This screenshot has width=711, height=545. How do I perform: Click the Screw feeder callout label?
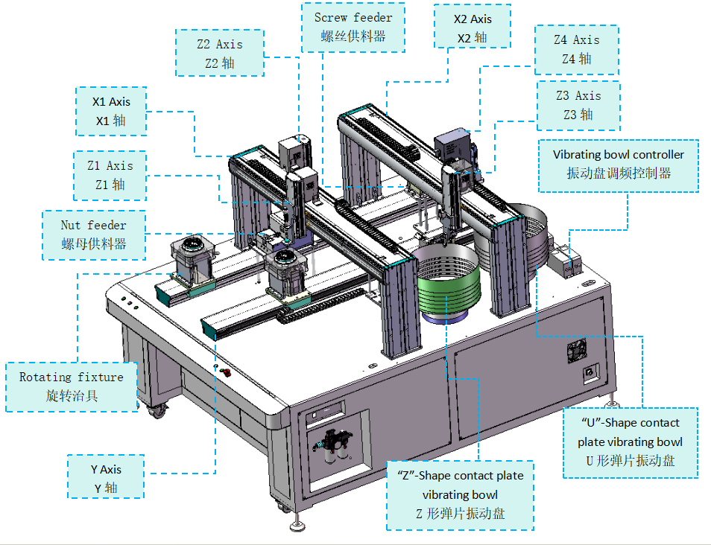(x=353, y=27)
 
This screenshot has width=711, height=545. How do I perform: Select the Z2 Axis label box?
(x=220, y=53)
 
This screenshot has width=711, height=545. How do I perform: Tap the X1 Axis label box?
(x=110, y=110)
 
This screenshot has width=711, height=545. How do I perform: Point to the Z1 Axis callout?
(x=110, y=175)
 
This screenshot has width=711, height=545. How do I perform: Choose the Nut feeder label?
(x=93, y=234)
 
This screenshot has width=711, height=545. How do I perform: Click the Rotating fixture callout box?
(x=72, y=386)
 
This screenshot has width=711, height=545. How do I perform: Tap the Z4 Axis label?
(x=576, y=49)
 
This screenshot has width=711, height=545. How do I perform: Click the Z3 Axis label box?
(x=578, y=104)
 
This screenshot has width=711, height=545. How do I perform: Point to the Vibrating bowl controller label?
(x=618, y=165)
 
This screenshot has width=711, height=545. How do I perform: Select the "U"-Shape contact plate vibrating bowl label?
(x=630, y=442)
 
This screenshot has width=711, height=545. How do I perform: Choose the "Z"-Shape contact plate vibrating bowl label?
(x=460, y=494)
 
